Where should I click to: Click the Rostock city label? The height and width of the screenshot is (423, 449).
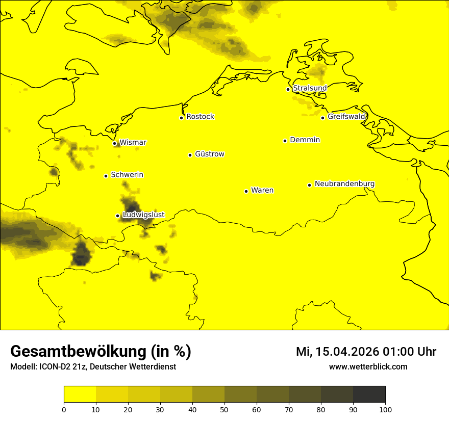[x=200, y=117]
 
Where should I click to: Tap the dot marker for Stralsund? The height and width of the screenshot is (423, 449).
[x=288, y=89]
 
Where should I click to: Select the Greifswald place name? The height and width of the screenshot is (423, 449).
[x=346, y=117]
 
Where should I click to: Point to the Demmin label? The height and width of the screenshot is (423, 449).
[x=305, y=140]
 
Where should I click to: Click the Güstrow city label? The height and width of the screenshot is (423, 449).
[x=209, y=154]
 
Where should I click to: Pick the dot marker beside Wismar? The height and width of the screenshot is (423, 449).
[x=114, y=143]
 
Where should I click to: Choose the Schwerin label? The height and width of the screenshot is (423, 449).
[x=127, y=175]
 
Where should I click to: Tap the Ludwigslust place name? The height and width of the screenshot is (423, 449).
[x=143, y=215]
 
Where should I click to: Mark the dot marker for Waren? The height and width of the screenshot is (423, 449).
[x=246, y=191]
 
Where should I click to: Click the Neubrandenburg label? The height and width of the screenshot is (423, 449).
[x=344, y=184]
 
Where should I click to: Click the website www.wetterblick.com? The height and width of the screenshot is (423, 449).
[x=368, y=367]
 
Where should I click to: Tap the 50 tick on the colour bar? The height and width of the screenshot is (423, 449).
[x=224, y=409]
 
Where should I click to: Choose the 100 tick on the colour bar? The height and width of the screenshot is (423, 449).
[x=385, y=409]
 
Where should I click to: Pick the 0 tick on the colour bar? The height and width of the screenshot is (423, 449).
[x=64, y=409]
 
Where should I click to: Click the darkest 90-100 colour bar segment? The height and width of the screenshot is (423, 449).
[x=369, y=394]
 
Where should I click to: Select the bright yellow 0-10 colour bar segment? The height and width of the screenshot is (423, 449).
[x=80, y=394]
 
